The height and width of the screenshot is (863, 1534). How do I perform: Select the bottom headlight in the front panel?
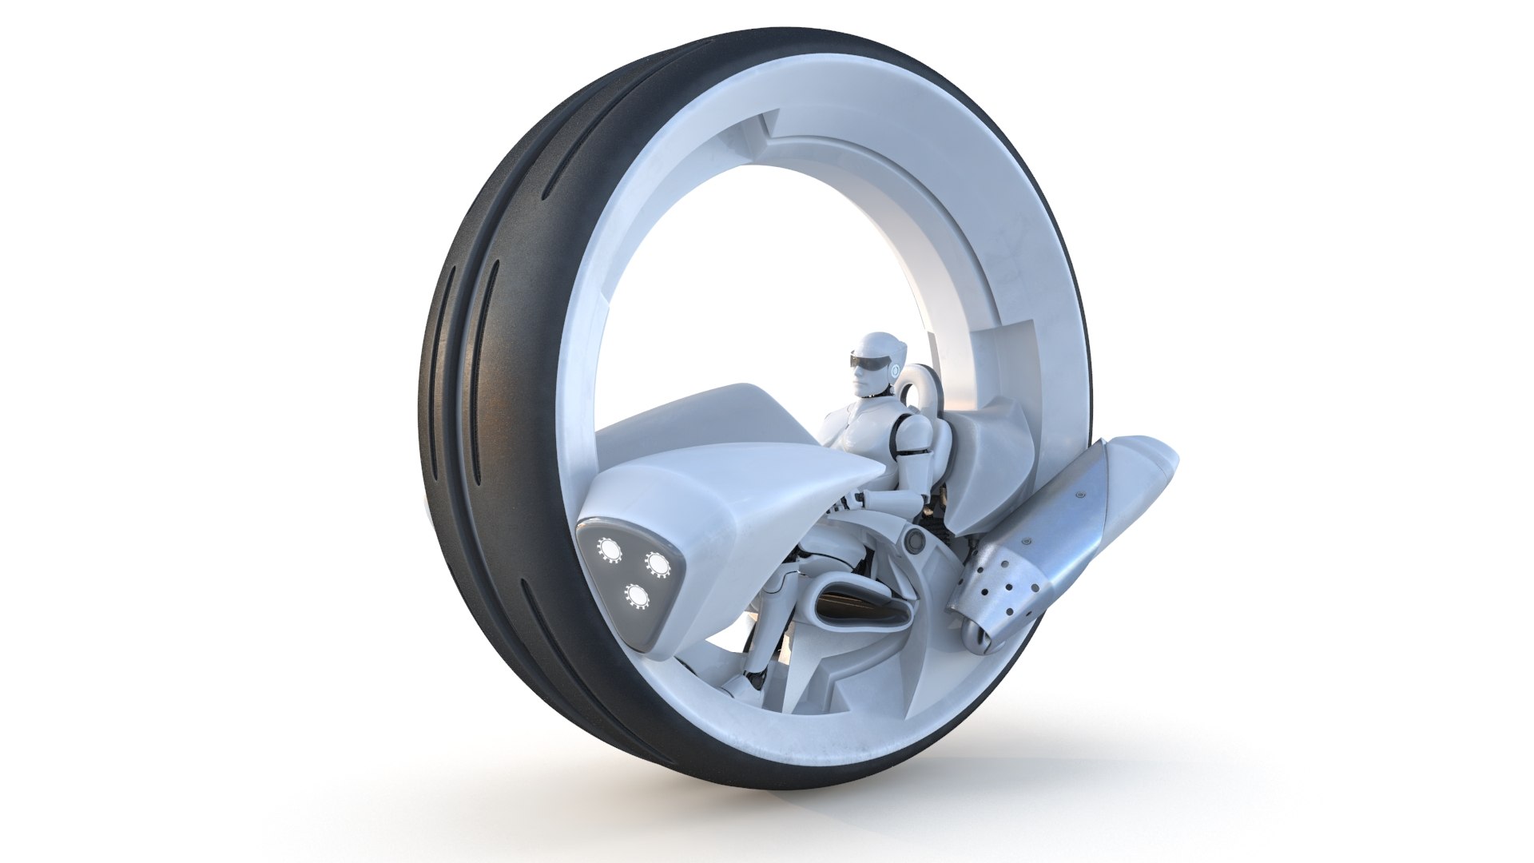pyautogui.click(x=636, y=595)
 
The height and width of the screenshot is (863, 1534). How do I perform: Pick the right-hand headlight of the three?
pyautogui.click(x=658, y=564)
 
